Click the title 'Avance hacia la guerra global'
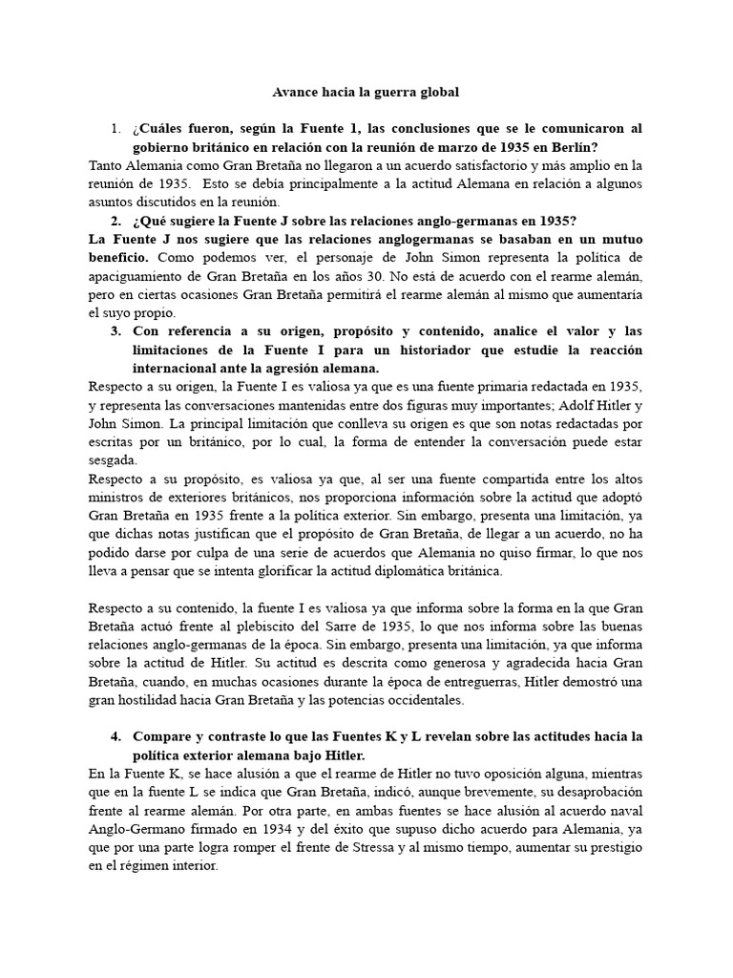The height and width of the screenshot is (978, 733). click(366, 93)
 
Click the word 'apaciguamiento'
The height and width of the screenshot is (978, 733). click(136, 276)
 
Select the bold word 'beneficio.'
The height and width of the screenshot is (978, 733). click(117, 258)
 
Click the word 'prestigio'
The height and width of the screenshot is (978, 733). click(611, 847)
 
